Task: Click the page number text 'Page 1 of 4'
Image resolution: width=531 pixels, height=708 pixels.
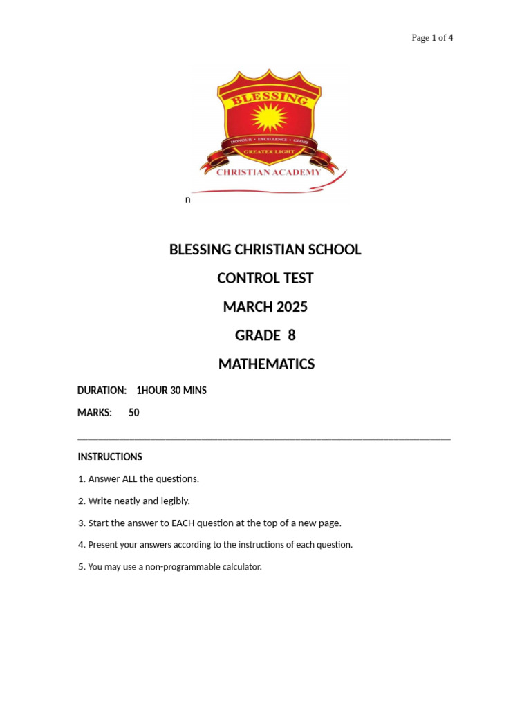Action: click(432, 38)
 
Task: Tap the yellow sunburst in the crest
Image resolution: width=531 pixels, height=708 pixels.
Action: click(268, 118)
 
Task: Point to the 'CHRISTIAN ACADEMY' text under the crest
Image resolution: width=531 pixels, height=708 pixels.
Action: click(268, 172)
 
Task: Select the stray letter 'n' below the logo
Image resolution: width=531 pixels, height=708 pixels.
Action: click(187, 199)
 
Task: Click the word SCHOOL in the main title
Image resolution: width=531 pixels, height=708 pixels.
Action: click(336, 250)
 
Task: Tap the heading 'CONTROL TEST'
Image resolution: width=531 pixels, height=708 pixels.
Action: click(265, 278)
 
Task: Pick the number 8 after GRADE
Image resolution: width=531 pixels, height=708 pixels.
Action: click(291, 335)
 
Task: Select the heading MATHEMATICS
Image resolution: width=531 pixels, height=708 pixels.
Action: click(266, 364)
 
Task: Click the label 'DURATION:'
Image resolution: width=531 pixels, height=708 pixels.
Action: click(102, 391)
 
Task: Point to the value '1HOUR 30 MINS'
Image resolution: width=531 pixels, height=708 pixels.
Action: click(171, 391)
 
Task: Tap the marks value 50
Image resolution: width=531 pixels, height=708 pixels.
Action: click(134, 413)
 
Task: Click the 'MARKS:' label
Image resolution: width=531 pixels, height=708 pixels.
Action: click(95, 413)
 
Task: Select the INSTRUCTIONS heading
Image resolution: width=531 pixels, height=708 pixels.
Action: click(110, 457)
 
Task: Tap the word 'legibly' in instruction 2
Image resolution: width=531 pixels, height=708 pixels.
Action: click(174, 501)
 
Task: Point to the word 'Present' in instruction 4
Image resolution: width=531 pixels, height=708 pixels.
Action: click(103, 545)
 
